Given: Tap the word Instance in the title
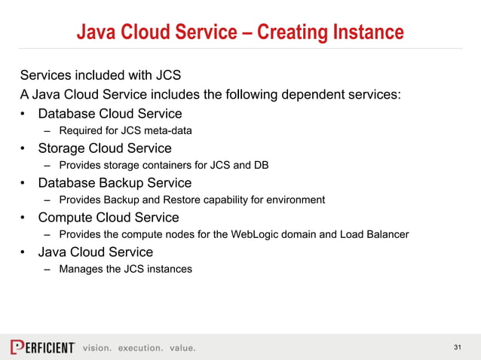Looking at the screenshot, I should coord(366,32).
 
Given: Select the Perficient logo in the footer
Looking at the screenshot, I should coord(42,347).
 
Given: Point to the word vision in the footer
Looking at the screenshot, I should coord(97,348).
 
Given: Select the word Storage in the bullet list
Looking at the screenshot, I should coord(63,148).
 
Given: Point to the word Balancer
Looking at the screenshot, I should coord(385,235).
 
